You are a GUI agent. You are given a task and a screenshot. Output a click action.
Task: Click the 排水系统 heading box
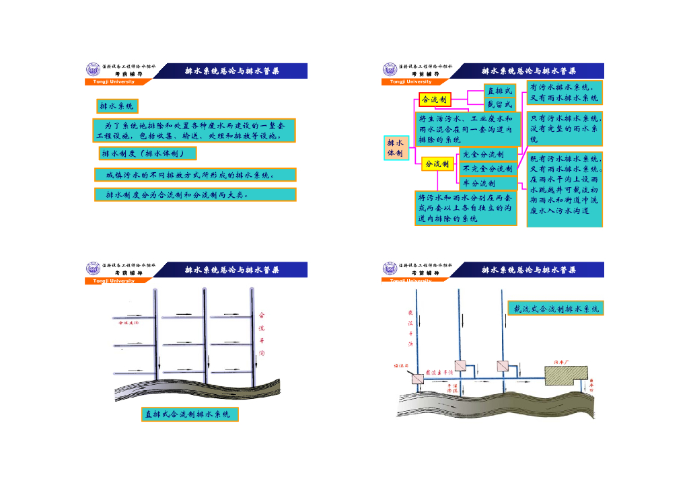tap(117, 106)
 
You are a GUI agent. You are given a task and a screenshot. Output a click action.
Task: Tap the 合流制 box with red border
tap(435, 100)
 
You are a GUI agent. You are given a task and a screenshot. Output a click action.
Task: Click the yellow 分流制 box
tap(437, 163)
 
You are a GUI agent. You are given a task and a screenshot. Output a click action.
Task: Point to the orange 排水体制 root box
tap(395, 149)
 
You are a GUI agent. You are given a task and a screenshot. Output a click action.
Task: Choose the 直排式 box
tap(499, 91)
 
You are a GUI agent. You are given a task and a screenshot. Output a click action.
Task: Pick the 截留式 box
tap(499, 104)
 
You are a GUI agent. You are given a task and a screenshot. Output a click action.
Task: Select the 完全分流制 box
tap(488, 155)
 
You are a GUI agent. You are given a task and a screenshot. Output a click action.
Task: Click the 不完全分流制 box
tap(488, 169)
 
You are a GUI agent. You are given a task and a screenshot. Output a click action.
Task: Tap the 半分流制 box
tap(488, 183)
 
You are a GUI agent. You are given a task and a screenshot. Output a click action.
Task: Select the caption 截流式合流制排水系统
tap(556, 309)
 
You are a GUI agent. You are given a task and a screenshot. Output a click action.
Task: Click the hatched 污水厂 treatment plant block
tap(565, 375)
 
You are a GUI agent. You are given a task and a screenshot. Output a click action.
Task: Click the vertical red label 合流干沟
tap(262, 333)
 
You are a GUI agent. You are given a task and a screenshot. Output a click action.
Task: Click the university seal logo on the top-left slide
tap(92, 69)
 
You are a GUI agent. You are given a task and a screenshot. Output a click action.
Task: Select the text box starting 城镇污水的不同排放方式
tap(194, 175)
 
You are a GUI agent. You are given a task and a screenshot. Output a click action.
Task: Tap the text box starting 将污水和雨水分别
tap(466, 209)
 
